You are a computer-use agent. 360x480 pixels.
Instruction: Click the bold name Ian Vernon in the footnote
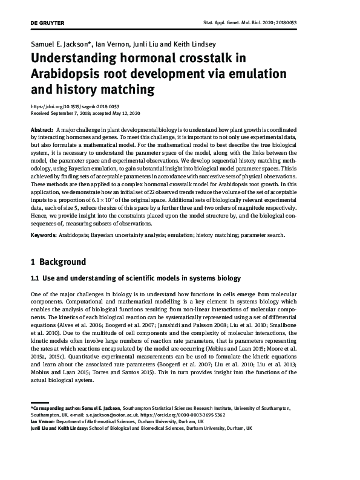click(44, 422)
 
